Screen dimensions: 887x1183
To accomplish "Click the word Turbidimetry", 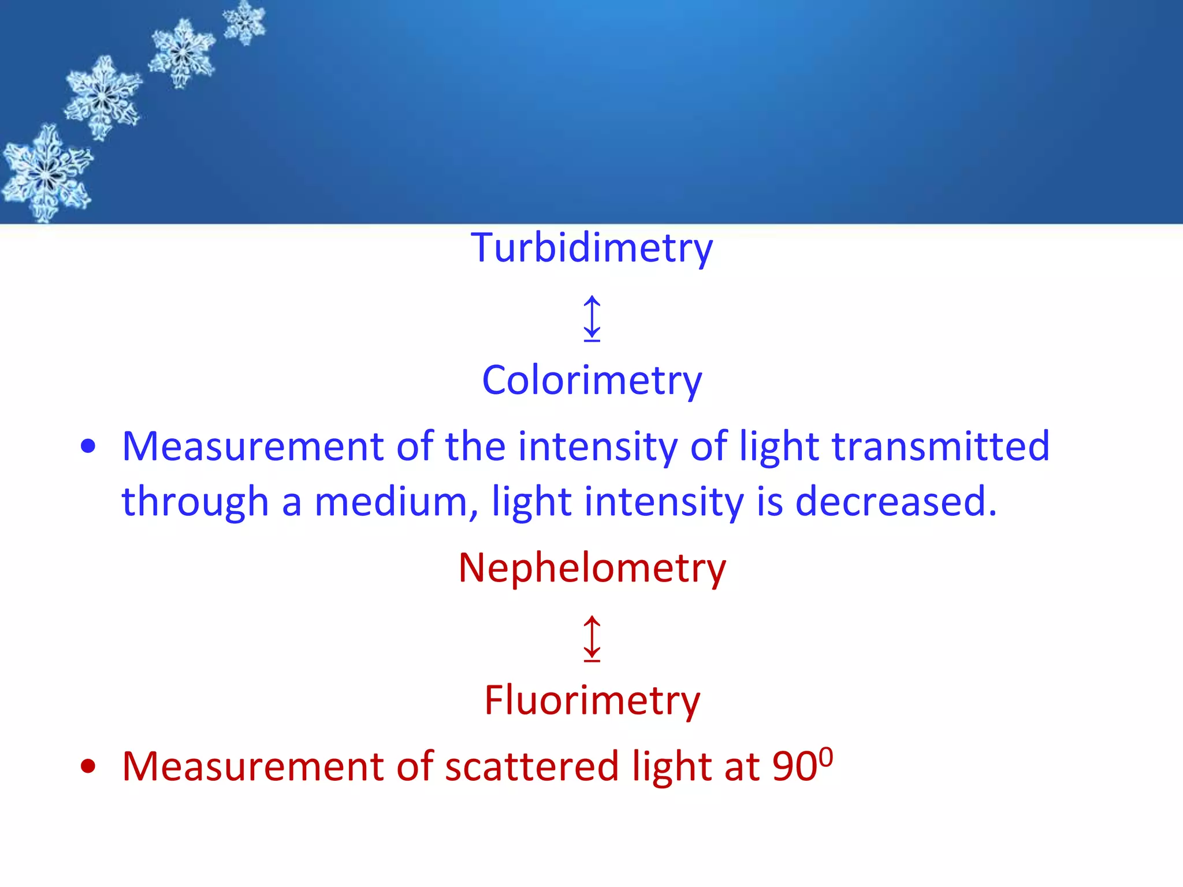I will [591, 248].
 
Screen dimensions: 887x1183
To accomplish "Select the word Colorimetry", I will [591, 381].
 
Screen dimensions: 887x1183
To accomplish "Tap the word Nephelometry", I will [591, 568].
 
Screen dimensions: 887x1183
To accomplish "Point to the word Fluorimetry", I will [591, 700].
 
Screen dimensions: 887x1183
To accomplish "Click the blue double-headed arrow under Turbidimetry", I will [591, 318].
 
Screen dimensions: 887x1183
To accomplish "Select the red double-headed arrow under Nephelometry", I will [591, 638].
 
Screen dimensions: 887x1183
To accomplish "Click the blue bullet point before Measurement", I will [88, 446].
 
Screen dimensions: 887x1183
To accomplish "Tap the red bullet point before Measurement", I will [88, 767].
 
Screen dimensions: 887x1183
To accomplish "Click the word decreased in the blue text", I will [895, 501].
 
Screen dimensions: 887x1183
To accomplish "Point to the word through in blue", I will [195, 501].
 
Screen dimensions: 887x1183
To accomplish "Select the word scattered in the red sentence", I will [532, 767].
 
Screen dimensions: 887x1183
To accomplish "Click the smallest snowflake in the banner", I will [245, 22].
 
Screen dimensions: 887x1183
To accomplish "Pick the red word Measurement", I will [253, 767].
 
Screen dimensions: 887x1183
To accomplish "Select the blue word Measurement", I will [253, 446].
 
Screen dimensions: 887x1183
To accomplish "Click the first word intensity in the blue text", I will [597, 446].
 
